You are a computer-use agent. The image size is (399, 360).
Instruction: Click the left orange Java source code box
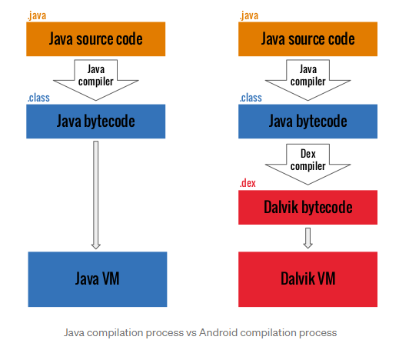(96, 39)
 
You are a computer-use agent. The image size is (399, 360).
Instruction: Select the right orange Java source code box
(308, 39)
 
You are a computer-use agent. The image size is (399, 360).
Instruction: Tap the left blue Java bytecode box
(96, 122)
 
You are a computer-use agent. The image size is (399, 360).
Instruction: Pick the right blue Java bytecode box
(308, 122)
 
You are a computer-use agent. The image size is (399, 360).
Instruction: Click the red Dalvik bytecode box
(308, 207)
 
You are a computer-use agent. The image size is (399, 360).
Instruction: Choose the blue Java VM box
(98, 279)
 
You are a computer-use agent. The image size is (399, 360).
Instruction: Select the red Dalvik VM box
(308, 279)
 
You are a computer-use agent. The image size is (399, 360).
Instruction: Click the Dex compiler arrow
(308, 165)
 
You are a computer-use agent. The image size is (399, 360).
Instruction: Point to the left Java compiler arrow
(96, 80)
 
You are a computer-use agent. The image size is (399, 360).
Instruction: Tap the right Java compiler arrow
(308, 80)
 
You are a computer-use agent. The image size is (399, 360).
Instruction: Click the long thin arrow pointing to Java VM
(96, 195)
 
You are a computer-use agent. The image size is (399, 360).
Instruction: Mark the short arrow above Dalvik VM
(308, 238)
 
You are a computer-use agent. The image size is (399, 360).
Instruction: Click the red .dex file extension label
(248, 183)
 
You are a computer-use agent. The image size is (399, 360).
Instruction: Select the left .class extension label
(38, 98)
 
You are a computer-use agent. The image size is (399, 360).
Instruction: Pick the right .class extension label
(251, 98)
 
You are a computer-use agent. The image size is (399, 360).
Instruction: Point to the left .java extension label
(37, 15)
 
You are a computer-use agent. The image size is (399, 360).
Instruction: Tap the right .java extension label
(249, 15)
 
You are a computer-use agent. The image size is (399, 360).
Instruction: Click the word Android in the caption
(218, 332)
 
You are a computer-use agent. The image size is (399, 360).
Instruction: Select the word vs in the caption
(191, 333)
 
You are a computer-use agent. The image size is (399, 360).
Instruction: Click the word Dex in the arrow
(308, 154)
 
